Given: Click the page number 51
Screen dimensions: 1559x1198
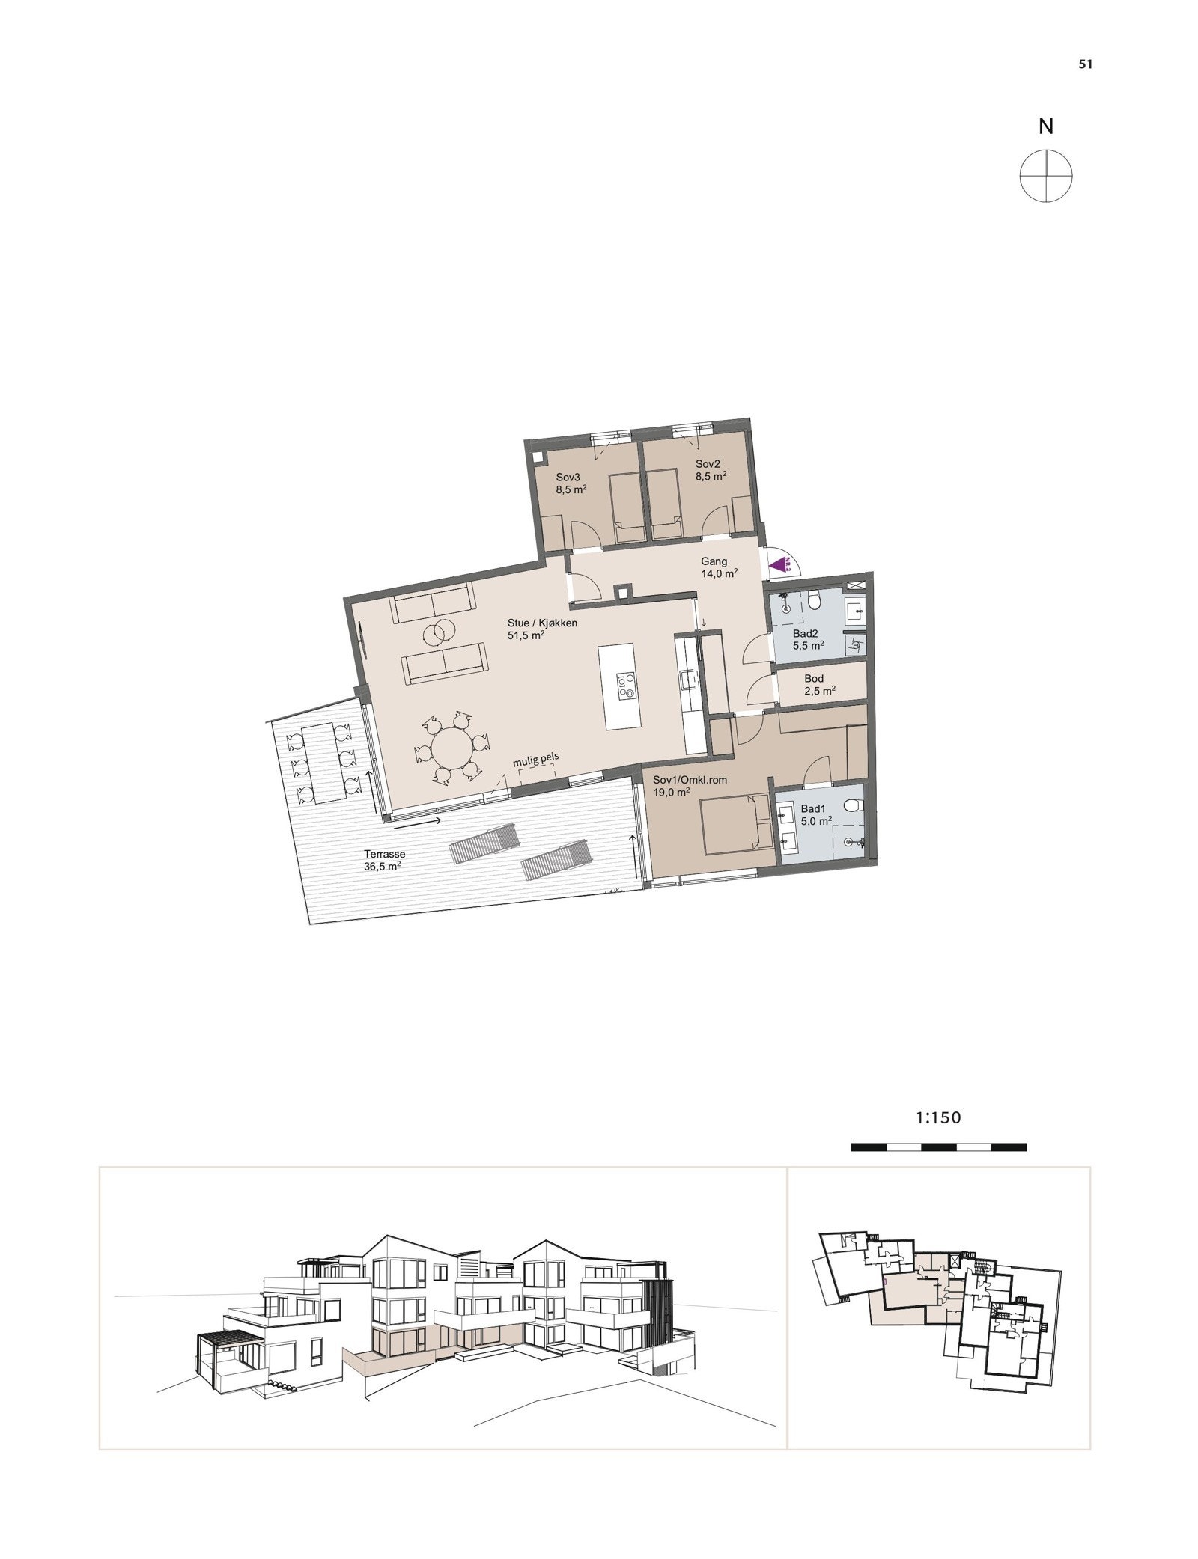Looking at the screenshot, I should pyautogui.click(x=1085, y=64).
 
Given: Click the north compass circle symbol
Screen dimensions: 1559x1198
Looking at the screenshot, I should pyautogui.click(x=1045, y=176).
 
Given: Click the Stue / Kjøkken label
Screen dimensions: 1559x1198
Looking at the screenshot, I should pyautogui.click(x=542, y=629).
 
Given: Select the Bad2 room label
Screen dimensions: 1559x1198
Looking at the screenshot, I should pyautogui.click(x=808, y=638).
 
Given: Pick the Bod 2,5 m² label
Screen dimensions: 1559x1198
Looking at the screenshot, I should pyautogui.click(x=818, y=685).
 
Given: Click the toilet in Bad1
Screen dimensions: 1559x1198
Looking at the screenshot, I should pyautogui.click(x=851, y=806).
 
